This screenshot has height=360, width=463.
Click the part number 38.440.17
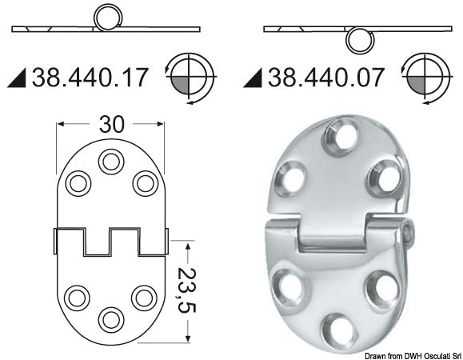coord(91,78)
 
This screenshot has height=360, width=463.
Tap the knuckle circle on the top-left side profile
coord(105,17)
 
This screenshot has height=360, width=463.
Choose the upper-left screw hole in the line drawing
coord(78,183)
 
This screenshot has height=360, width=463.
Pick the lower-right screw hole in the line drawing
coord(144,298)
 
